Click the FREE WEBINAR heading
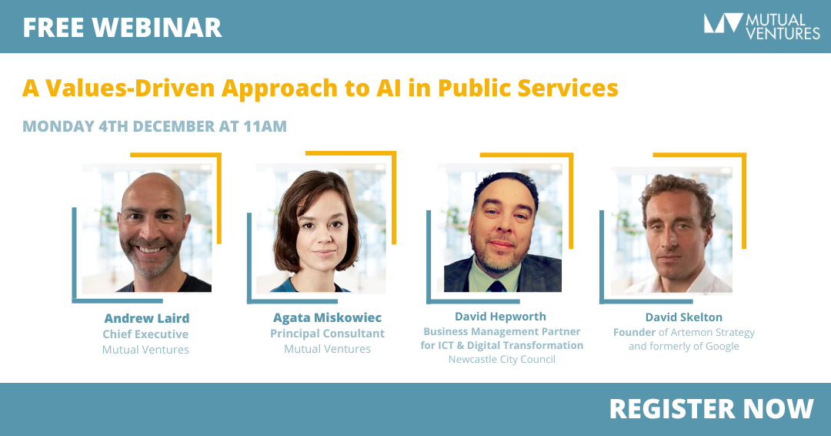122,28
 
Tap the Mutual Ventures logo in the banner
762,26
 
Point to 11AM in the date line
265,126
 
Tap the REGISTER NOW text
711,409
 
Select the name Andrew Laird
147,318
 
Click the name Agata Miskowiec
327,317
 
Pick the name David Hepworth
500,317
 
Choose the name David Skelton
684,317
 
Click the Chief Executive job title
145,334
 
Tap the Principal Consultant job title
328,334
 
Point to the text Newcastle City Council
502,359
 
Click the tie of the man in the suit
496,286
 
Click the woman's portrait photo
321,229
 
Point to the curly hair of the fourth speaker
677,191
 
